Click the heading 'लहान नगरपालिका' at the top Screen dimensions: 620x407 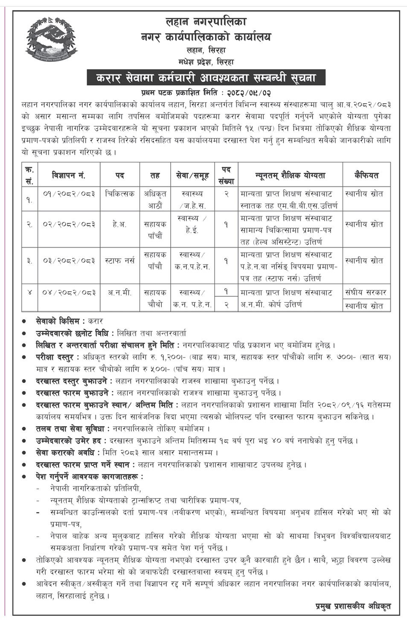tap(206, 21)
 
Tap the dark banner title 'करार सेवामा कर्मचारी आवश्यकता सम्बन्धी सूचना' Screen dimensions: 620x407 tap(206, 78)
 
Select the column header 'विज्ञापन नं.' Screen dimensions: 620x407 tap(69, 175)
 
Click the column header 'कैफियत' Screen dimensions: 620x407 tap(366, 175)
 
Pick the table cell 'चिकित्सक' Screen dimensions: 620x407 tap(120, 194)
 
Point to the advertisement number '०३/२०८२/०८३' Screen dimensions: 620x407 tap(69, 261)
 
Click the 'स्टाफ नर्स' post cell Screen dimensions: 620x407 tap(120, 261)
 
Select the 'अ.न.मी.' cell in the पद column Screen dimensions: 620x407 tap(120, 293)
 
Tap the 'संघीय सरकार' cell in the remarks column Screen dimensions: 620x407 tap(366, 293)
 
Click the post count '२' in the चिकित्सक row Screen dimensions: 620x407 tap(226, 194)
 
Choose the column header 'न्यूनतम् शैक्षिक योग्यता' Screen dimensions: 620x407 tap(290, 175)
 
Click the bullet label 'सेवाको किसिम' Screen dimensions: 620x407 tap(59, 321)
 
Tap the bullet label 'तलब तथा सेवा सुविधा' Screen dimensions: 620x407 tap(70, 429)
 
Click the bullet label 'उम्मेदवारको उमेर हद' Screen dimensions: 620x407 tap(71, 440)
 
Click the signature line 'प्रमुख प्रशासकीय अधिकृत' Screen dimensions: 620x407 tap(353, 606)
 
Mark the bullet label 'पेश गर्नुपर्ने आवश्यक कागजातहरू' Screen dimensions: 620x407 tap(89, 476)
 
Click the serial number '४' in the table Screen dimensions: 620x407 tap(29, 293)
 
